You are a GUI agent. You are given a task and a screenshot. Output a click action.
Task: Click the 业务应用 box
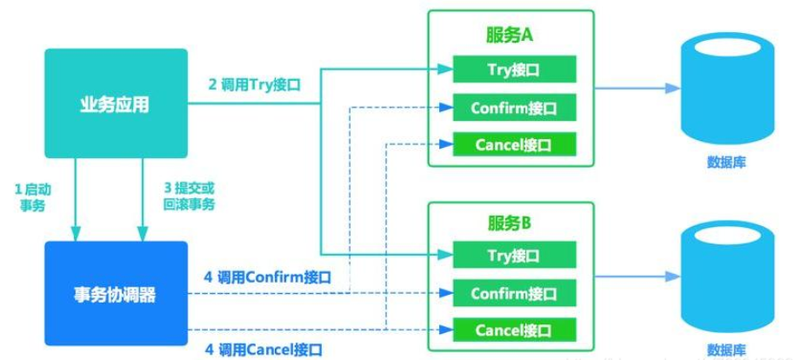pyautogui.click(x=116, y=103)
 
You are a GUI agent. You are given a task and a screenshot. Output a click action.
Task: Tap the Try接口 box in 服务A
pyautogui.click(x=513, y=69)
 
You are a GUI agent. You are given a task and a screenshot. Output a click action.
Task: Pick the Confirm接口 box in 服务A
pyautogui.click(x=513, y=108)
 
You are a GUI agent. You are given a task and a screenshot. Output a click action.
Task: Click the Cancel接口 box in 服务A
pyautogui.click(x=513, y=144)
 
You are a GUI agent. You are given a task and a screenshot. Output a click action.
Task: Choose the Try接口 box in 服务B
pyautogui.click(x=513, y=256)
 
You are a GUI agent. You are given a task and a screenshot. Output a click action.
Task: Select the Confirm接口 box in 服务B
pyautogui.click(x=513, y=294)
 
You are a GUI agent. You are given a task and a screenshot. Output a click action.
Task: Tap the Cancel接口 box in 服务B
pyautogui.click(x=513, y=330)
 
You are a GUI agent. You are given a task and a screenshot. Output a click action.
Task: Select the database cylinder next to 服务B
pyautogui.click(x=725, y=277)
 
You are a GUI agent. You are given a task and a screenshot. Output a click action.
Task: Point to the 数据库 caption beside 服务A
pyautogui.click(x=725, y=163)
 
